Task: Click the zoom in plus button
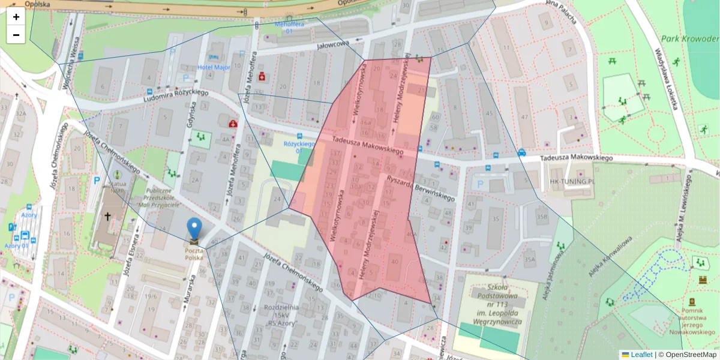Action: point(16,17)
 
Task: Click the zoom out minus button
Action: point(16,35)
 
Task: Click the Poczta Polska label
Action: point(194,254)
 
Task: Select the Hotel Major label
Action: point(214,67)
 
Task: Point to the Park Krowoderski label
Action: point(690,39)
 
